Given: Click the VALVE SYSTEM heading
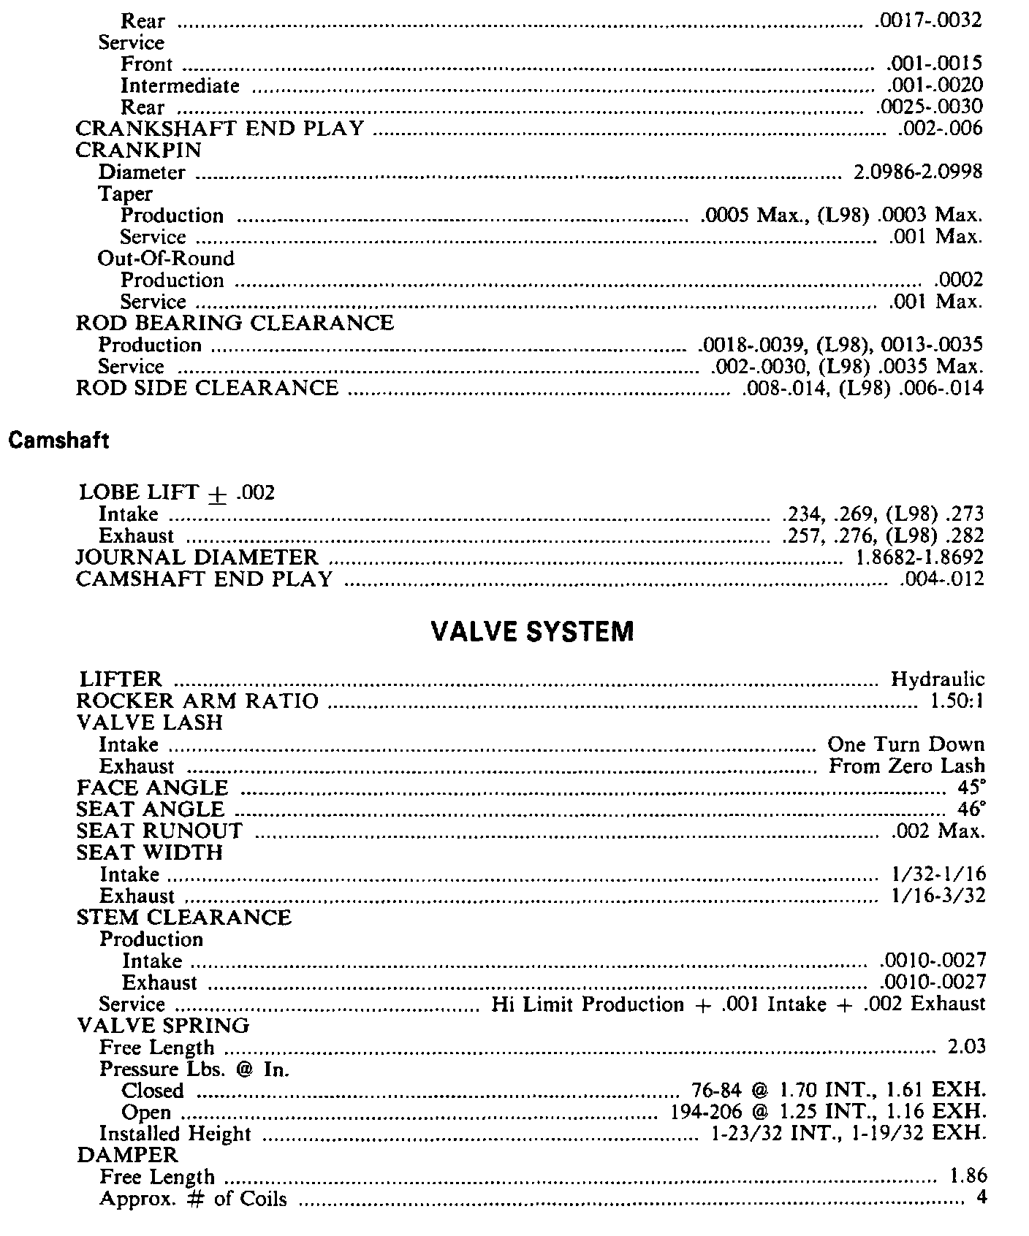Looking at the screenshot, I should [x=532, y=631].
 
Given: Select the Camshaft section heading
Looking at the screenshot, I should [x=58, y=440].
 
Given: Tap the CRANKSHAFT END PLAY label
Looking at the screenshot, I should [x=220, y=129].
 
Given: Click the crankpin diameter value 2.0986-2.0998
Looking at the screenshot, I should [x=918, y=172].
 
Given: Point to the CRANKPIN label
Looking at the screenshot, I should [x=139, y=150].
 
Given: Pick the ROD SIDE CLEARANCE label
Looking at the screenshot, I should [x=208, y=388].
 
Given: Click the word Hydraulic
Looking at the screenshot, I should [x=938, y=680].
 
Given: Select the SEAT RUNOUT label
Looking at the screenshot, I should [x=160, y=831].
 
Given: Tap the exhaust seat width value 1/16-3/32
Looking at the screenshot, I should [x=938, y=896].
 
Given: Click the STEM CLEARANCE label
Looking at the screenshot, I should [x=184, y=918].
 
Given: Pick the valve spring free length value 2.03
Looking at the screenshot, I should [x=966, y=1048].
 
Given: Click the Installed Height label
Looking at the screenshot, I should [x=175, y=1134].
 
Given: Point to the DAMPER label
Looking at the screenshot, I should [x=127, y=1155].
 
